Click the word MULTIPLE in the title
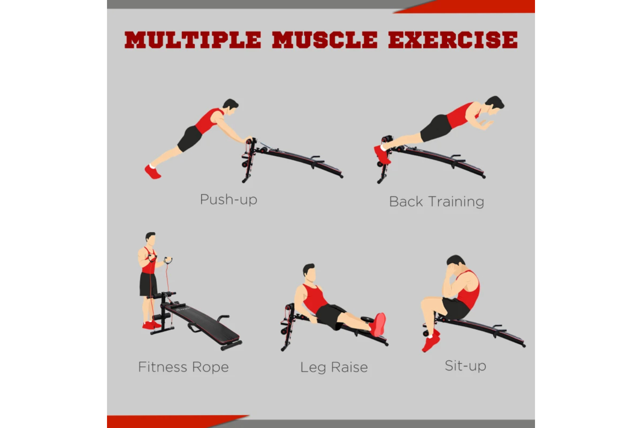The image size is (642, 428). coord(193,40)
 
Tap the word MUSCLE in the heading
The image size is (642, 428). coord(325,40)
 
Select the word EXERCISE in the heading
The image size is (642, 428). coord(453,40)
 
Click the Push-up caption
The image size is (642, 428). coord(229,199)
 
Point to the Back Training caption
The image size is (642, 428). coord(437,202)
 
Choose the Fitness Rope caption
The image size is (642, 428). coord(184,367)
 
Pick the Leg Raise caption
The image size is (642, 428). coord(334,368)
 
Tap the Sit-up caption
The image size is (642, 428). coord(466,366)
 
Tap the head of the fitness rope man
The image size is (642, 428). coord(151,239)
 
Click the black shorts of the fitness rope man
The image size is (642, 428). coord(148,284)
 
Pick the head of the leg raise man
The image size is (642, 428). coord(309,273)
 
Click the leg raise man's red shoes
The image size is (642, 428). coord(378,324)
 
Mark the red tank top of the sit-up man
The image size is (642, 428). coord(468,289)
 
